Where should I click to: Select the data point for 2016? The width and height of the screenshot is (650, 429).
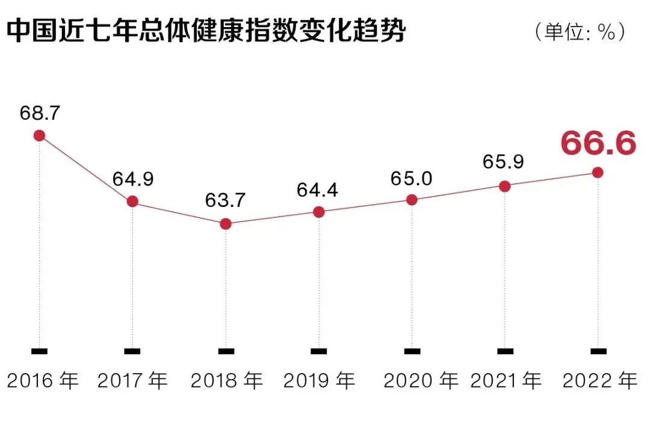pos(39,135)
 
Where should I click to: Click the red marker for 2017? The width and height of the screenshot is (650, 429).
pos(132,202)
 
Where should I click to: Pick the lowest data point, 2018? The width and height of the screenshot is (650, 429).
pos(226,224)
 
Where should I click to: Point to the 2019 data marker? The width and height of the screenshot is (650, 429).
pos(319,212)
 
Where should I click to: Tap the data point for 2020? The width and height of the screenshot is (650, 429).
pos(412,200)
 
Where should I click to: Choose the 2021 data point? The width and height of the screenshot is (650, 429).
pos(505,187)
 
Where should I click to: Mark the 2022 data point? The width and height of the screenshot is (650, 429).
pos(598,173)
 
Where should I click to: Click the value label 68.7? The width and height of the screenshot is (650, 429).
pos(39,113)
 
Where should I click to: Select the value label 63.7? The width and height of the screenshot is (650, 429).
pos(226,200)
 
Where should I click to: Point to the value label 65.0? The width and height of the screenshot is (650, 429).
pos(412,177)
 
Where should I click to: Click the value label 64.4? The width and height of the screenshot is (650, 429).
pos(317,190)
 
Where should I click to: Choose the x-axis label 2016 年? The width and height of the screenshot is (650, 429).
pos(43,380)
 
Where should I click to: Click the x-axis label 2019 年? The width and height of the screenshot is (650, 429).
pos(320,380)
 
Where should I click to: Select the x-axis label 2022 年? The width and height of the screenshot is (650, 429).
pos(599,380)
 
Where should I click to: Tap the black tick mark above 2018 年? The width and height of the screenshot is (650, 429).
pos(226,351)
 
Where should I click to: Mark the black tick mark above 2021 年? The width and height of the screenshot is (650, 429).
pos(505,351)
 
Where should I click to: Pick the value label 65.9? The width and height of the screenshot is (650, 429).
pos(503,162)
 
